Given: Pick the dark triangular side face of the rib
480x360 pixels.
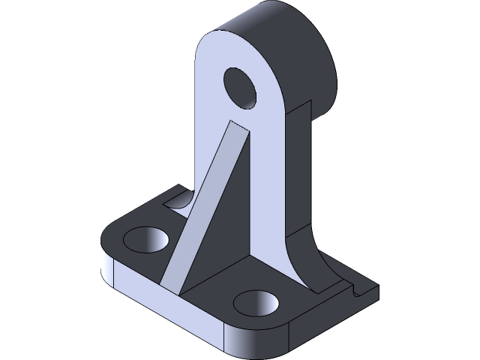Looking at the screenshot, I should coord(225,225).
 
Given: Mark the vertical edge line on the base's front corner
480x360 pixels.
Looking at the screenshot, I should coord(226,341).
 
